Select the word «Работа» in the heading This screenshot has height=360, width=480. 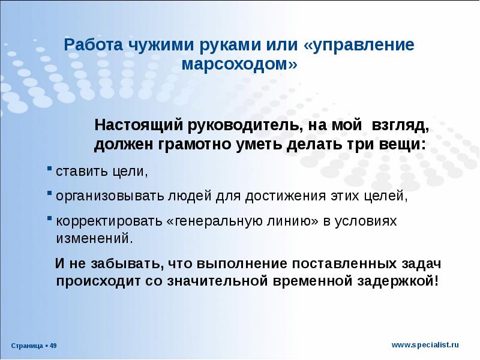91,46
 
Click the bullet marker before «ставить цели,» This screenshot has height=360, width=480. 49,170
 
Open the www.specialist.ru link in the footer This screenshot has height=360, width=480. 425,344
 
